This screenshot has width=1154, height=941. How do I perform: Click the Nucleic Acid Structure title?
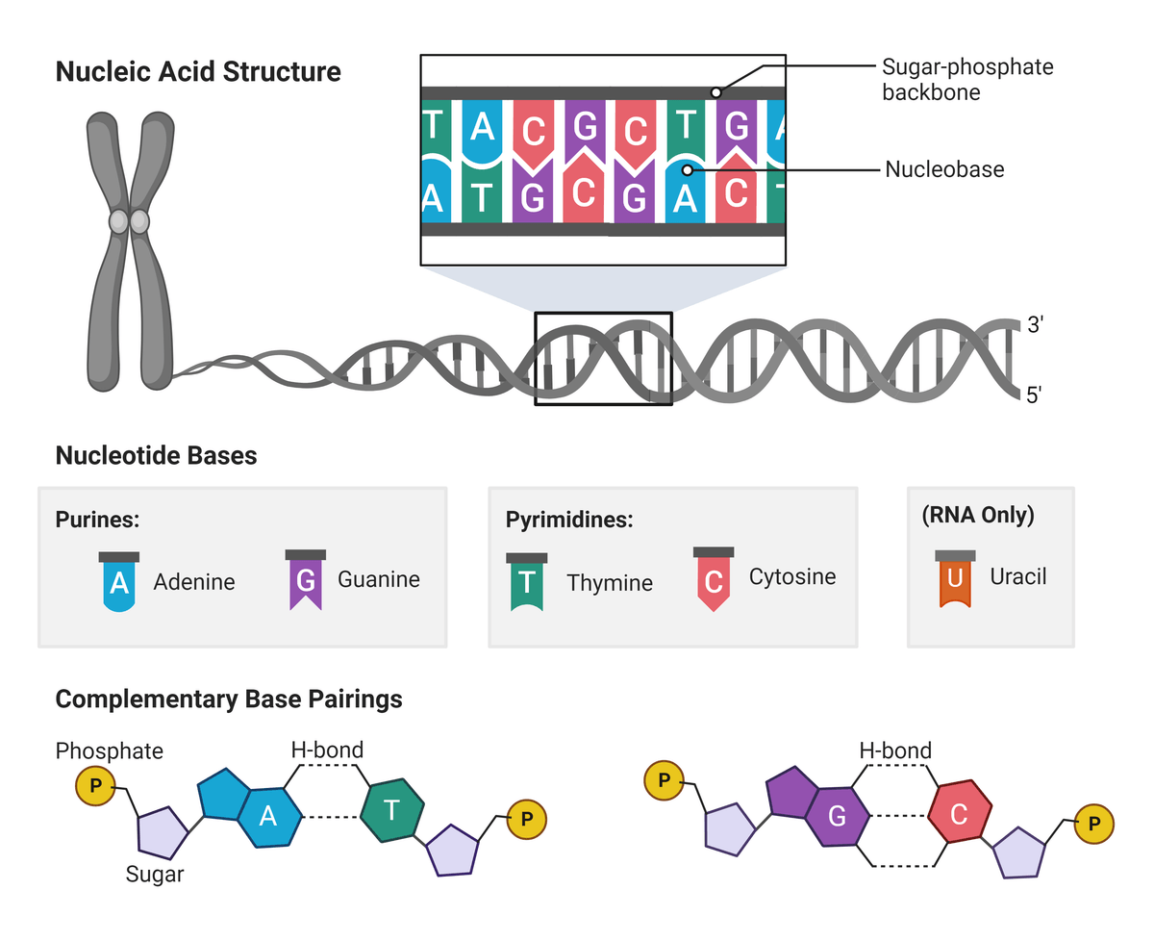click(x=198, y=72)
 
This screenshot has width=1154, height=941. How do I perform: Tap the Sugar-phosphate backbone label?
click(x=966, y=79)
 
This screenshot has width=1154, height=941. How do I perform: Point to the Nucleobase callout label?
click(x=944, y=169)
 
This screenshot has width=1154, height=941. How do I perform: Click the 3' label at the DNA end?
click(x=1035, y=325)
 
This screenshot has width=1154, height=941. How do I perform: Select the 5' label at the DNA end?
click(x=1035, y=394)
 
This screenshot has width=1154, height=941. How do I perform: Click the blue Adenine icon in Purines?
click(x=119, y=583)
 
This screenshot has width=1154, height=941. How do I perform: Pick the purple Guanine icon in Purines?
click(x=305, y=580)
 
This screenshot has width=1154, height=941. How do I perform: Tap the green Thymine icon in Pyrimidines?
click(x=526, y=583)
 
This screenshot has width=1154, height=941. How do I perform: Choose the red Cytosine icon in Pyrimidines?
click(x=713, y=580)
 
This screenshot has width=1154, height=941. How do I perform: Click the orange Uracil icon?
click(x=955, y=579)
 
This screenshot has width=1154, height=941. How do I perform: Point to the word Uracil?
click(x=1017, y=577)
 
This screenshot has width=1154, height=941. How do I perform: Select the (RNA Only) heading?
click(x=977, y=516)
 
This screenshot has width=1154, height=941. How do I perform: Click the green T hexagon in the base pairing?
click(x=392, y=810)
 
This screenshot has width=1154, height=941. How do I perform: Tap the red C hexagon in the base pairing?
click(x=959, y=814)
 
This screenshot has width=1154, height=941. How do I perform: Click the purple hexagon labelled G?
click(x=837, y=817)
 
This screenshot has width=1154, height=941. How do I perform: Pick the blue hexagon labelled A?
click(x=269, y=817)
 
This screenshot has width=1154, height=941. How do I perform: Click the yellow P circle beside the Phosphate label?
click(x=94, y=786)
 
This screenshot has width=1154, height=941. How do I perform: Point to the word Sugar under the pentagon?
click(x=155, y=875)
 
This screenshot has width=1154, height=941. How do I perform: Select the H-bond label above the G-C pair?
click(x=894, y=750)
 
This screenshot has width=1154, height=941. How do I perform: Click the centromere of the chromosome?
click(x=129, y=222)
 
